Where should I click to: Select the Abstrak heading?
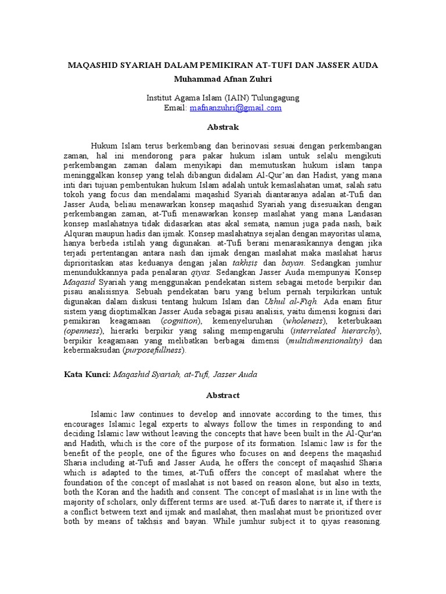click(222, 126)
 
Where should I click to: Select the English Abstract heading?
click(222, 395)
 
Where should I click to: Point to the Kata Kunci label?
click(87, 375)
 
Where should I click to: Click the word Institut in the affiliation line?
click(160, 97)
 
